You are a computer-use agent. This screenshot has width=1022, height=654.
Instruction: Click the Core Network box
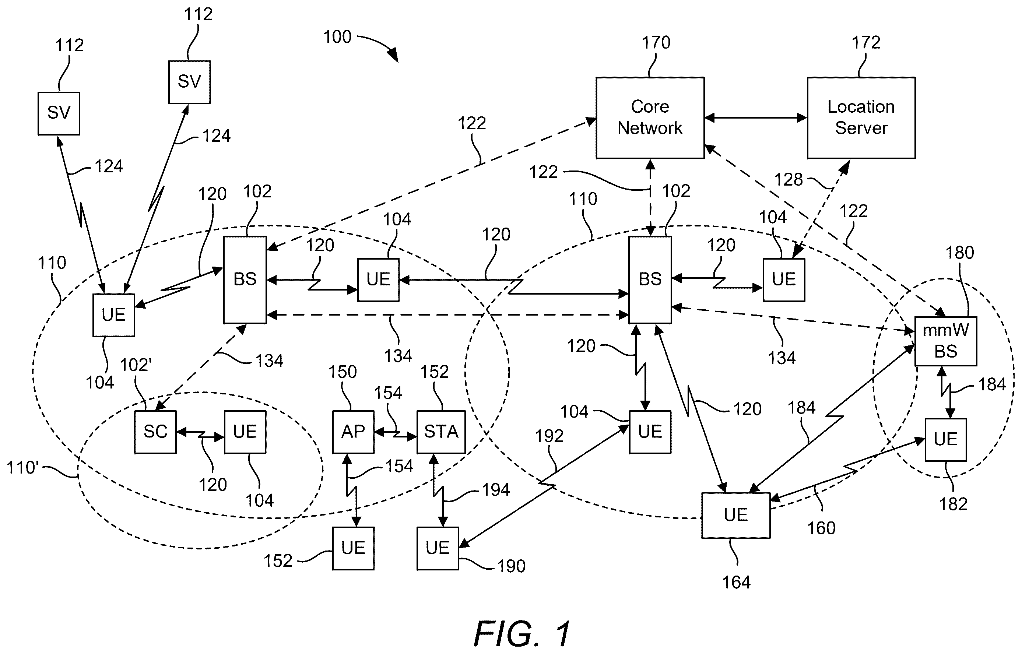pyautogui.click(x=650, y=117)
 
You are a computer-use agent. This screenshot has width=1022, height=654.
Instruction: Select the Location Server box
pyautogui.click(x=861, y=117)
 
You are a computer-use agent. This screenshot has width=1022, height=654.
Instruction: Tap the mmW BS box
pyautogui.click(x=945, y=341)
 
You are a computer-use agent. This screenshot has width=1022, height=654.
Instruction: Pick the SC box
pyautogui.click(x=155, y=432)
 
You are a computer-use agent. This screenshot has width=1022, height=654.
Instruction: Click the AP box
pyautogui.click(x=353, y=432)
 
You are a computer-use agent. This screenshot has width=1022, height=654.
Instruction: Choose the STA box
pyautogui.click(x=441, y=432)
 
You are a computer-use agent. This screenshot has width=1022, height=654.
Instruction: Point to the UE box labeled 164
pyautogui.click(x=736, y=515)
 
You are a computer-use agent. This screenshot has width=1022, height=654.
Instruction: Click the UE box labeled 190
pyautogui.click(x=438, y=548)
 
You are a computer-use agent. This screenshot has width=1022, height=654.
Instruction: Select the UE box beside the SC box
pyautogui.click(x=245, y=432)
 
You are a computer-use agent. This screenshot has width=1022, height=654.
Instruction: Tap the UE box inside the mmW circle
pyautogui.click(x=945, y=440)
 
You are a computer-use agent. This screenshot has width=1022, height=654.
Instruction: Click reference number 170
pyautogui.click(x=656, y=42)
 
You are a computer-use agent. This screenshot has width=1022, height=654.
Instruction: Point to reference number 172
pyautogui.click(x=866, y=42)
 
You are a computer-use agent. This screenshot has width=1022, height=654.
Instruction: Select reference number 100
pyautogui.click(x=338, y=37)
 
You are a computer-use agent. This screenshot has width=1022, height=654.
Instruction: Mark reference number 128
pyautogui.click(x=789, y=180)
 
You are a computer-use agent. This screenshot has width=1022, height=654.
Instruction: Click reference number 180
pyautogui.click(x=960, y=253)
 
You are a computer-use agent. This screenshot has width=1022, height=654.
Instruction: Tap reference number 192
pyautogui.click(x=549, y=436)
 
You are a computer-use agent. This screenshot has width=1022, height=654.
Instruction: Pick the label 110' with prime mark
pyautogui.click(x=22, y=468)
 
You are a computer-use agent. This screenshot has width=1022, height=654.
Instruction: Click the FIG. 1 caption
pyautogui.click(x=522, y=634)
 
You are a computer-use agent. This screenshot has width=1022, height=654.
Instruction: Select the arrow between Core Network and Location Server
pyautogui.click(x=756, y=117)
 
